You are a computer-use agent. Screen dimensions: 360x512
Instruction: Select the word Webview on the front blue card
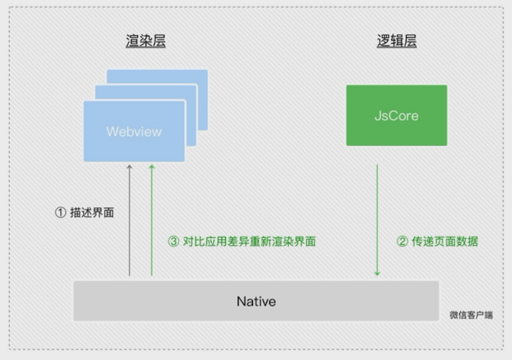[134, 131]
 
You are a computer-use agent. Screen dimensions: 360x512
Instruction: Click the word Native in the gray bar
[256, 302]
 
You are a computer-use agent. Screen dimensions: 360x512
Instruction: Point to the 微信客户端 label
[471, 315]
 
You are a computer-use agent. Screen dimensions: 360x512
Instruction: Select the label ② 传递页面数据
[437, 241]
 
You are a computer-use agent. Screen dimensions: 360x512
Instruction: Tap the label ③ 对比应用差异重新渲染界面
[242, 241]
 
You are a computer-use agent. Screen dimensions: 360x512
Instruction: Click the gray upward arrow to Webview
[129, 224]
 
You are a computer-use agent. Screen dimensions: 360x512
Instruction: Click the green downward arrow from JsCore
[377, 217]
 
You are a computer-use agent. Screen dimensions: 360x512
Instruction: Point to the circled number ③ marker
[174, 241]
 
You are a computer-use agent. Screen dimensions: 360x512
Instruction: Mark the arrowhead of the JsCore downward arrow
[377, 273]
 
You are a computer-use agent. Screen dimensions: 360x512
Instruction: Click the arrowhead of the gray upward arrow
[129, 167]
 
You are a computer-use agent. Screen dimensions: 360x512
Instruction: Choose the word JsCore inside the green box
[397, 115]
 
